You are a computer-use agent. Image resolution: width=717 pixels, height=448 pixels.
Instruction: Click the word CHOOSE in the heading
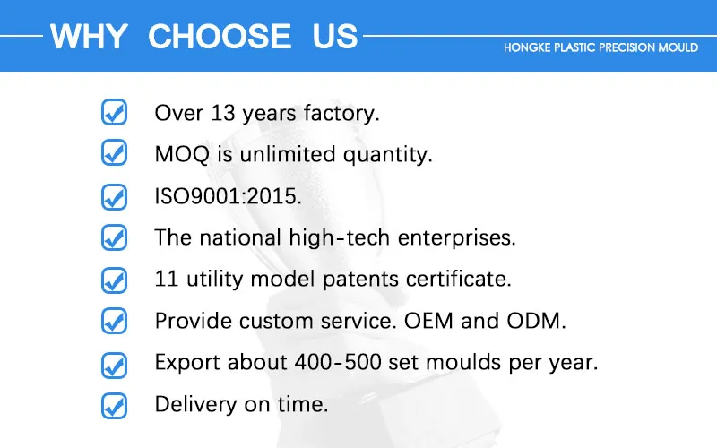click(220, 37)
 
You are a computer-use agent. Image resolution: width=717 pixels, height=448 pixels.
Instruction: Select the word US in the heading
click(335, 37)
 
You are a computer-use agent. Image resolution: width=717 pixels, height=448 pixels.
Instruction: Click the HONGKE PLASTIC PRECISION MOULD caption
click(601, 47)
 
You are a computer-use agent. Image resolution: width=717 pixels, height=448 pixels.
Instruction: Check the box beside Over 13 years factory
click(113, 113)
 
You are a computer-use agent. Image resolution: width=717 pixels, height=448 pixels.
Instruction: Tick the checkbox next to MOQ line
click(113, 154)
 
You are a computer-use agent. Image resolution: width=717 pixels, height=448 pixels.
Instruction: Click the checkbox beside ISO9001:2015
click(113, 196)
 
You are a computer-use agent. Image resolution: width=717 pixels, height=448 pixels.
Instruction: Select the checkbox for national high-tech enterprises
click(113, 237)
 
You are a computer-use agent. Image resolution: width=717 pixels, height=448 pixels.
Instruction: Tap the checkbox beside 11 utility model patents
click(113, 279)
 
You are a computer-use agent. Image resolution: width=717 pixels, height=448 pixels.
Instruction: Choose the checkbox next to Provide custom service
click(113, 321)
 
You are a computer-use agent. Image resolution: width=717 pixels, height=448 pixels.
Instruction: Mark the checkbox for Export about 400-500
click(113, 363)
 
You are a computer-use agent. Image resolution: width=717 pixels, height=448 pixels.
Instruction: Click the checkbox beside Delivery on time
click(113, 404)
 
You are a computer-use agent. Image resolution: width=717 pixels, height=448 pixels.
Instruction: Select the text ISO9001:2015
click(228, 196)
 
